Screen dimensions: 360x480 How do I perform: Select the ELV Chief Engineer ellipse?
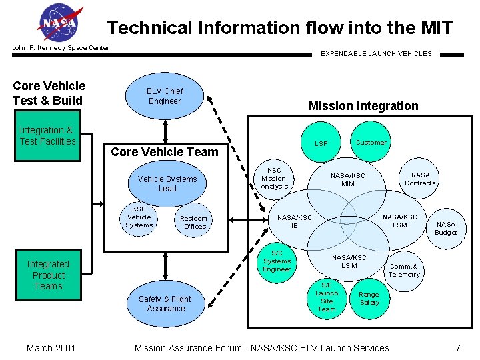tap(165, 97)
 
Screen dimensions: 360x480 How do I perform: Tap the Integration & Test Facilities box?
tap(48, 137)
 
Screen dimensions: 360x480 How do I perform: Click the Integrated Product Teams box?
tap(48, 275)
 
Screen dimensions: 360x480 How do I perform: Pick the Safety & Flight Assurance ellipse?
tap(165, 304)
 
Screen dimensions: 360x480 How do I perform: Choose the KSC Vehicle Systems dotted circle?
tap(139, 217)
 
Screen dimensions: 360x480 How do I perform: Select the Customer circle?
tap(371, 143)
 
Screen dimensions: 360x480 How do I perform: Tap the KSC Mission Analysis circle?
tap(274, 179)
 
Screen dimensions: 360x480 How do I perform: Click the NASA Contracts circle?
tap(420, 179)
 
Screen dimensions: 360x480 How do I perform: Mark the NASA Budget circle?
tap(445, 229)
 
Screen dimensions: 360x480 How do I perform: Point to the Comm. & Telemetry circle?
tap(404, 270)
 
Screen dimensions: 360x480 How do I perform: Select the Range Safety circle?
tap(369, 299)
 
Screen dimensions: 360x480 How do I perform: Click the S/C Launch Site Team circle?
tap(327, 297)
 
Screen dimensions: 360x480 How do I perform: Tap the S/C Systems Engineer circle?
tap(277, 261)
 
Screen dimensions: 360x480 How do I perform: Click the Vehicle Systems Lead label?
tap(167, 184)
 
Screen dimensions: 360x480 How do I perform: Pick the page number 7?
tap(457, 348)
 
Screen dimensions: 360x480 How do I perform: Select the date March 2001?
tap(51, 348)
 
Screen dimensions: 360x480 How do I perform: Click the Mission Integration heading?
tap(363, 106)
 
